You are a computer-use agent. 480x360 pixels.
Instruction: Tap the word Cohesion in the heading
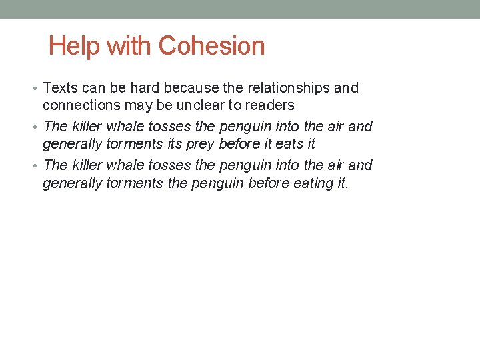(212, 46)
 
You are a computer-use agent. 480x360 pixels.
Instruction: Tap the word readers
(272, 105)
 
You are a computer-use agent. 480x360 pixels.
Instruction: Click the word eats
(289, 144)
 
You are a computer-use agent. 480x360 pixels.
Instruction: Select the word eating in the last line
(310, 183)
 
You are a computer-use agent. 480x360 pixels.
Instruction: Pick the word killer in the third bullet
(87, 165)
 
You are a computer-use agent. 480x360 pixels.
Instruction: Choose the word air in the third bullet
(334, 165)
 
